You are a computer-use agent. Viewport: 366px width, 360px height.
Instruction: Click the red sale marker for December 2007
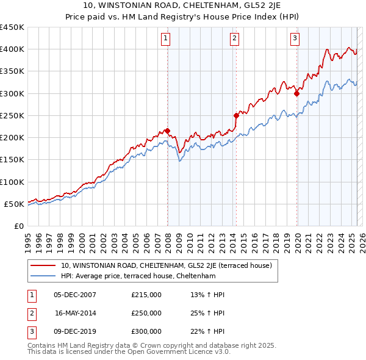(x=167, y=131)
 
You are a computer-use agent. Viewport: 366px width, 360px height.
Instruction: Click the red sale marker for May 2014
(x=236, y=115)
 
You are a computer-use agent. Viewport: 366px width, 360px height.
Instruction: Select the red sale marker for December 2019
(x=296, y=93)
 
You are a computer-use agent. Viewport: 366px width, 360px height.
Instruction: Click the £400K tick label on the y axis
(x=12, y=49)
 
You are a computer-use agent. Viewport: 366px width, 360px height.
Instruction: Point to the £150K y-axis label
(x=12, y=160)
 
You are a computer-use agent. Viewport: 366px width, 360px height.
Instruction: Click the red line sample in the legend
(x=43, y=265)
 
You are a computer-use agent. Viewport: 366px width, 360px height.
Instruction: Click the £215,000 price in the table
(x=146, y=295)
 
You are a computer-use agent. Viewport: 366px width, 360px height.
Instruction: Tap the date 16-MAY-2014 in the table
(x=75, y=313)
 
